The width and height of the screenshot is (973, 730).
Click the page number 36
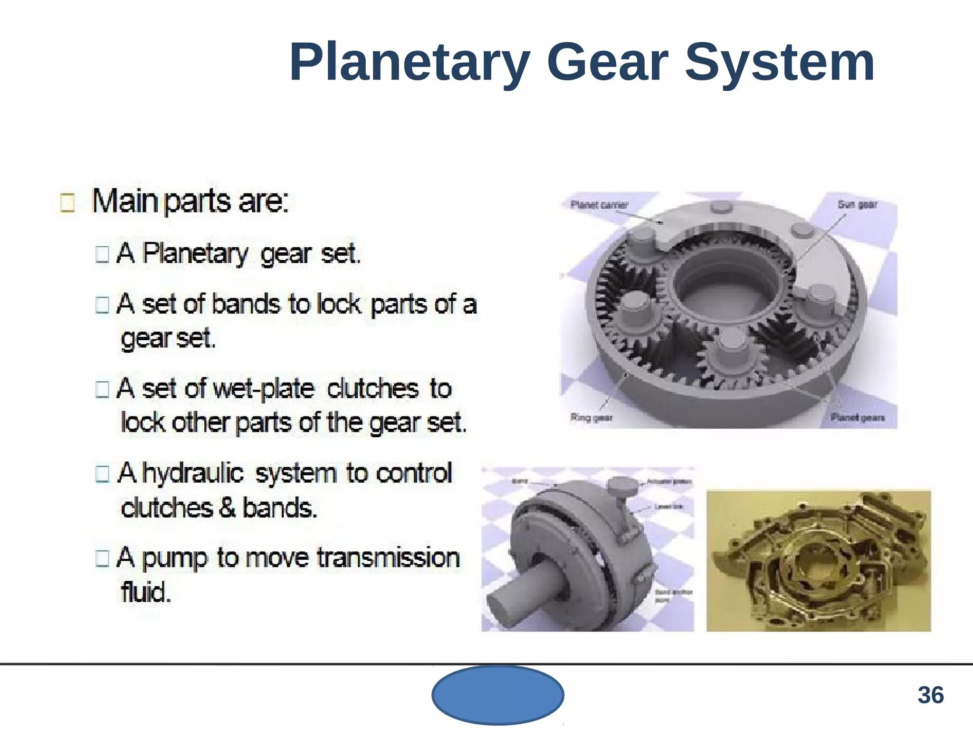pyautogui.click(x=930, y=695)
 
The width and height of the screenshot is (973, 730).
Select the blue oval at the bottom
pyautogui.click(x=497, y=695)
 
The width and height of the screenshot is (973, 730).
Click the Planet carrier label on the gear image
pyautogui.click(x=599, y=205)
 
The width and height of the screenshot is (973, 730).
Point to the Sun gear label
pyautogui.click(x=857, y=204)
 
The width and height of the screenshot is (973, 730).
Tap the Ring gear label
pyautogui.click(x=591, y=418)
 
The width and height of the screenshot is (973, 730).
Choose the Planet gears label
pyautogui.click(x=858, y=418)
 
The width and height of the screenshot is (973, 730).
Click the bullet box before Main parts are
pyautogui.click(x=67, y=202)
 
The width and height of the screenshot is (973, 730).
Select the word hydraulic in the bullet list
pyautogui.click(x=193, y=473)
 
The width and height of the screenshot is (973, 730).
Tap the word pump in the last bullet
pyautogui.click(x=174, y=558)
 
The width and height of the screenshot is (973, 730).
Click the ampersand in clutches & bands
pyautogui.click(x=228, y=508)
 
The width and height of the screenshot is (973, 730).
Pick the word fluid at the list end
pyautogui.click(x=145, y=592)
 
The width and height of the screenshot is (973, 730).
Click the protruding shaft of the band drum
pyautogui.click(x=518, y=596)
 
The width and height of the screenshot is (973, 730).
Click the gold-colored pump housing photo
pyautogui.click(x=818, y=561)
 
